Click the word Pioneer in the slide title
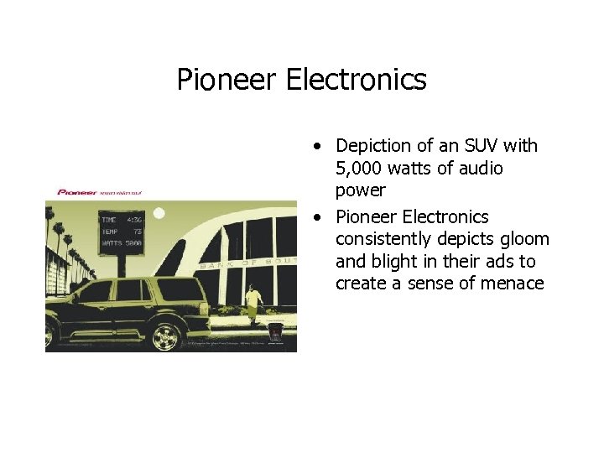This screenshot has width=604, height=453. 226,80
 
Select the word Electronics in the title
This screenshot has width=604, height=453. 356,80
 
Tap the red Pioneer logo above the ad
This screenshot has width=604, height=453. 76,192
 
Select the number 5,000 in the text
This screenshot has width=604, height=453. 361,169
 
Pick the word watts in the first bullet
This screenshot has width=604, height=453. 416,169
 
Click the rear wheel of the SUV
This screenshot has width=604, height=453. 166,336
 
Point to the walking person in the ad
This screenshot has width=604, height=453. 252,304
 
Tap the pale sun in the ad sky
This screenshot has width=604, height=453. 159,214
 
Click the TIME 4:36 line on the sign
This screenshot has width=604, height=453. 121,220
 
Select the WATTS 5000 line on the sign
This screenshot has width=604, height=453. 121,242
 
